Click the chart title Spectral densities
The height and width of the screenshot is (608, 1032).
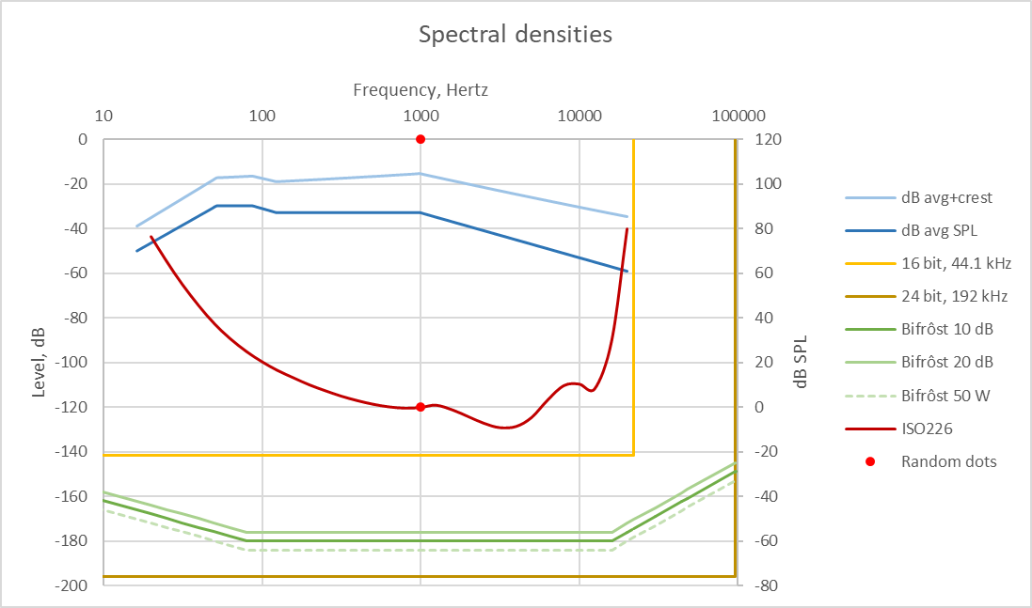(x=515, y=36)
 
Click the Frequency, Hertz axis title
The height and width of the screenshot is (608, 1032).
(x=421, y=90)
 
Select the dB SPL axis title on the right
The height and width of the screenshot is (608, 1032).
(x=800, y=363)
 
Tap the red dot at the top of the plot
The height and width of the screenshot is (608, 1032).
(x=421, y=139)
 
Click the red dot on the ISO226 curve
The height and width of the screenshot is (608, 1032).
(x=421, y=407)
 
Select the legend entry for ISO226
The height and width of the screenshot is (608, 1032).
(x=927, y=429)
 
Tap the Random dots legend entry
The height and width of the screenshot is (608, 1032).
(x=948, y=461)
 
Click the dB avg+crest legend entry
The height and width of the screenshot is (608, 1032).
(x=946, y=197)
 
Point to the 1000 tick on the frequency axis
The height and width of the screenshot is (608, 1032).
(x=421, y=117)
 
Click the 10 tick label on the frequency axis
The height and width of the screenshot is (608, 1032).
(x=103, y=117)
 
